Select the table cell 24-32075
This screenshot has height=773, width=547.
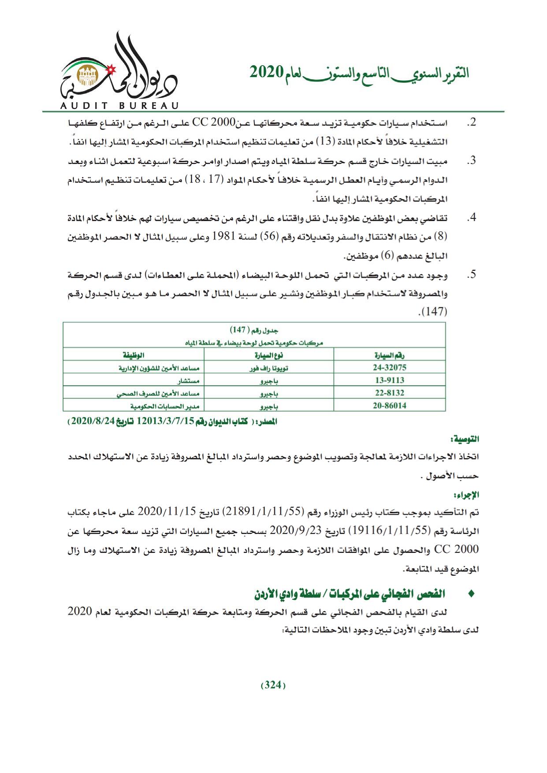pyautogui.click(x=389, y=367)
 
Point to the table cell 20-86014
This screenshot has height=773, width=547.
pyautogui.click(x=389, y=406)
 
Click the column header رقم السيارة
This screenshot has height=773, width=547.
pyautogui.click(x=390, y=355)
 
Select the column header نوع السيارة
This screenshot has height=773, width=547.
pyautogui.click(x=268, y=355)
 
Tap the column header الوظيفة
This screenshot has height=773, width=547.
pyautogui.click(x=134, y=355)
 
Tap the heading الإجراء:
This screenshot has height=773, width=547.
pyautogui.click(x=469, y=495)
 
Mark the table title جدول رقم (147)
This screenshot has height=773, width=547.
pyautogui.click(x=254, y=330)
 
